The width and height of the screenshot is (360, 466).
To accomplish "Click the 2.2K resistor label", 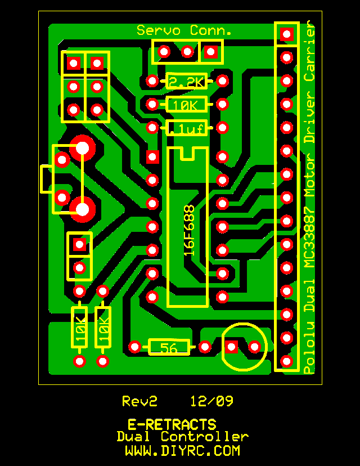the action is coord(187,82).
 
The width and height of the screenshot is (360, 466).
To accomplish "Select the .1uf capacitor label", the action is coord(187,129).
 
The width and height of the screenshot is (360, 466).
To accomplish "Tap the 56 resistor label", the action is coord(168,347).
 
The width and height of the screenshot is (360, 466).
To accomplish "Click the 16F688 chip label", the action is coord(189,230).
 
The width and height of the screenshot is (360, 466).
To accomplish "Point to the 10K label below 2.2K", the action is coord(184,105).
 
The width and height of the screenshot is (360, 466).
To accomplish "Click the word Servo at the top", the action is coord(159,30).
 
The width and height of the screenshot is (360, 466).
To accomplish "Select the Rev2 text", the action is coord(139,401).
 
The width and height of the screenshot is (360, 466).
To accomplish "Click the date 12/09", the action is coord(212,401).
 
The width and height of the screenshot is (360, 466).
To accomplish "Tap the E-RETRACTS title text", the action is coord(172,424).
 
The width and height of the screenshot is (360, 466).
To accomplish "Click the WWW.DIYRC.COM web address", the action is coord(182,451).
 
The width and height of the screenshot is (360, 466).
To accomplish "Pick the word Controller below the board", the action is coord(205,437).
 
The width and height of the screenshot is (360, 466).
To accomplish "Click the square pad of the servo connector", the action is coord(210,52).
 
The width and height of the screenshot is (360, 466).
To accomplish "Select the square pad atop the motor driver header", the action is coord(287,34).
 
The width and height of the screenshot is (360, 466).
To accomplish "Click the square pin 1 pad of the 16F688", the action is coord(152,157).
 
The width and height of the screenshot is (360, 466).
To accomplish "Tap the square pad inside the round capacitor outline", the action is coord(231,347).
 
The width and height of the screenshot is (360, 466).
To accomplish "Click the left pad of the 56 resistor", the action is coord(134,347).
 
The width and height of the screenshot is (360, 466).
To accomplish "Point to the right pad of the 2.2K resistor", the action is coord(223,81).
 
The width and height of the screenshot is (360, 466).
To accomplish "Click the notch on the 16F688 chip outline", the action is coord(187,153).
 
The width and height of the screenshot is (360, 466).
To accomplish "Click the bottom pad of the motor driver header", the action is coord(287,361).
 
